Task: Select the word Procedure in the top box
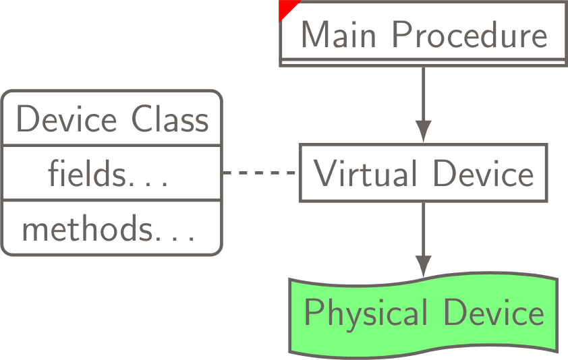pos(470,35)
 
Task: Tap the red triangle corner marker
pos(286,7)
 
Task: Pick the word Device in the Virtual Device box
pos(483,174)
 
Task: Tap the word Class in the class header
pos(171,120)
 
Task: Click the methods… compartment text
pos(108,229)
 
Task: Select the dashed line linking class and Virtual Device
pos(260,173)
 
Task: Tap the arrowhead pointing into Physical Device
pos(423,266)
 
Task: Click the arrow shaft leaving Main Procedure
pos(423,91)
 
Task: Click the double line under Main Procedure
pos(423,62)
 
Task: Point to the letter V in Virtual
pos(325,174)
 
